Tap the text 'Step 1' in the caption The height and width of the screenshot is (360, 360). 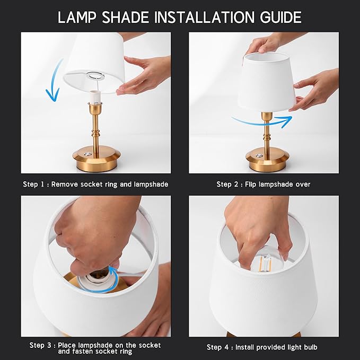point(33,185)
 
